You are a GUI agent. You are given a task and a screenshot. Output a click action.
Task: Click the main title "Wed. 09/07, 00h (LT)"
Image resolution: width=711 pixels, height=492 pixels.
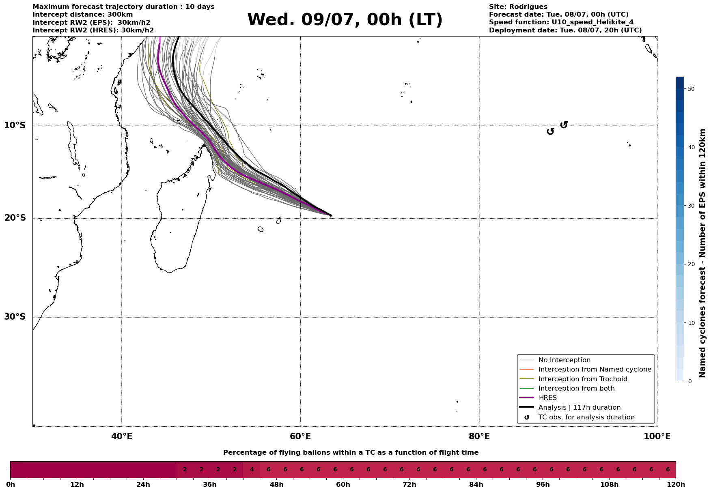[x=345, y=20]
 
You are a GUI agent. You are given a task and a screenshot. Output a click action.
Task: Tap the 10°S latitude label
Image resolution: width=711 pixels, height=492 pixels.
[x=15, y=125]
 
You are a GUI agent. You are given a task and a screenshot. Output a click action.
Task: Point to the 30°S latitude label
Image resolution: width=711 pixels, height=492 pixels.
[x=15, y=317]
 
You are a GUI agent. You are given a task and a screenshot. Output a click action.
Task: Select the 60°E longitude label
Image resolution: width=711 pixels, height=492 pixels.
[x=300, y=436]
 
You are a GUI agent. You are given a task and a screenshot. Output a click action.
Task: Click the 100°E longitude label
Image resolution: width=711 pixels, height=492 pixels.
[x=657, y=436]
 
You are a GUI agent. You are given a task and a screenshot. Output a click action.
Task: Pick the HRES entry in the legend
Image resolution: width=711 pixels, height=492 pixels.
[x=547, y=398]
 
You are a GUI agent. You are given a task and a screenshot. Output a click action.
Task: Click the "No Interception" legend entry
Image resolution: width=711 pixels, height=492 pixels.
[x=564, y=360]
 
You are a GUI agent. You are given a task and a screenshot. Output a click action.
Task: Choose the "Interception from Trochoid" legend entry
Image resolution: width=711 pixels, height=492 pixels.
[x=582, y=379]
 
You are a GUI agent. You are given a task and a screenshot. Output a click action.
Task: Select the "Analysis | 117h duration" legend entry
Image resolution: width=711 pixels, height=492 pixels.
[x=579, y=408]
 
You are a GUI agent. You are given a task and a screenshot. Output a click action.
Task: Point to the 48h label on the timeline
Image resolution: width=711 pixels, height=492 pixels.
[x=276, y=485]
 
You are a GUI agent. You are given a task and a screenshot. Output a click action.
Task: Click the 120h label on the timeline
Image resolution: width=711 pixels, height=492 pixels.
[x=676, y=485]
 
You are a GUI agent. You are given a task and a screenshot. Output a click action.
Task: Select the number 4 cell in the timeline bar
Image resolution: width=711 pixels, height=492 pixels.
[x=252, y=470]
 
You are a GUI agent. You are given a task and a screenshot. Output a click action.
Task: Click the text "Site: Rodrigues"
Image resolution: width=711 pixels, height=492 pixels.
[x=518, y=7]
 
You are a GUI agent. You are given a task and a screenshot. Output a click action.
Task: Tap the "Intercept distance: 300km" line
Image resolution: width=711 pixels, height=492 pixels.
[x=82, y=15]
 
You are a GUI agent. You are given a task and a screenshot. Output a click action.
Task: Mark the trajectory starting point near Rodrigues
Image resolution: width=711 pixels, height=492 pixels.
[x=331, y=215]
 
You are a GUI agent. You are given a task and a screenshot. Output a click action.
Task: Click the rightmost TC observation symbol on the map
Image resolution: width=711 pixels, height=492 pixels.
[x=564, y=125]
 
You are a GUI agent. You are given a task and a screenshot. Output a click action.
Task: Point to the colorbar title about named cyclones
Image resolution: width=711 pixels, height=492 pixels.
[x=703, y=253]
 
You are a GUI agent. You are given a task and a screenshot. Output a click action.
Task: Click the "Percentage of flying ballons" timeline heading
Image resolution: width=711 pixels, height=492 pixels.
[x=351, y=453]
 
